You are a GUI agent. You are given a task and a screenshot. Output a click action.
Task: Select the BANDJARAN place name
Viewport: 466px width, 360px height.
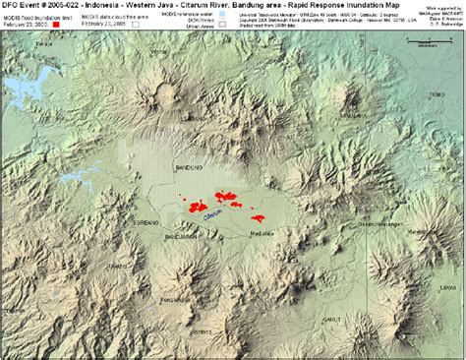pyautogui.click(x=183, y=237)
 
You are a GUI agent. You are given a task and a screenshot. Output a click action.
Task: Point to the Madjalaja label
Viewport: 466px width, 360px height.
pyautogui.click(x=262, y=234)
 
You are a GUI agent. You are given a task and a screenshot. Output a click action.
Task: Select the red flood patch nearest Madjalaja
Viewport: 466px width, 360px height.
pyautogui.click(x=261, y=218)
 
